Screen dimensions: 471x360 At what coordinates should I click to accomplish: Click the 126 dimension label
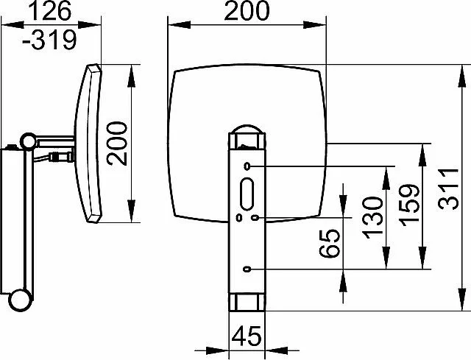(x=52, y=11)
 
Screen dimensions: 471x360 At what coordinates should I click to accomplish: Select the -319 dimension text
(x=50, y=40)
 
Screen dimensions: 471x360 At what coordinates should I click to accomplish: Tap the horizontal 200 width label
(x=247, y=11)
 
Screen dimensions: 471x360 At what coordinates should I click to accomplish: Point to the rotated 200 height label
(x=118, y=144)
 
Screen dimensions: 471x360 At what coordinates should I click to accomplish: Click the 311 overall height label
(x=448, y=188)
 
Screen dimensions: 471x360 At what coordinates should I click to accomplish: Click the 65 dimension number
(x=330, y=244)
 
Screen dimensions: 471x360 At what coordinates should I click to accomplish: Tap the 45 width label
(x=247, y=336)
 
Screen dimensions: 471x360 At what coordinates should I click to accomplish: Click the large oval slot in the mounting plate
(x=247, y=194)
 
